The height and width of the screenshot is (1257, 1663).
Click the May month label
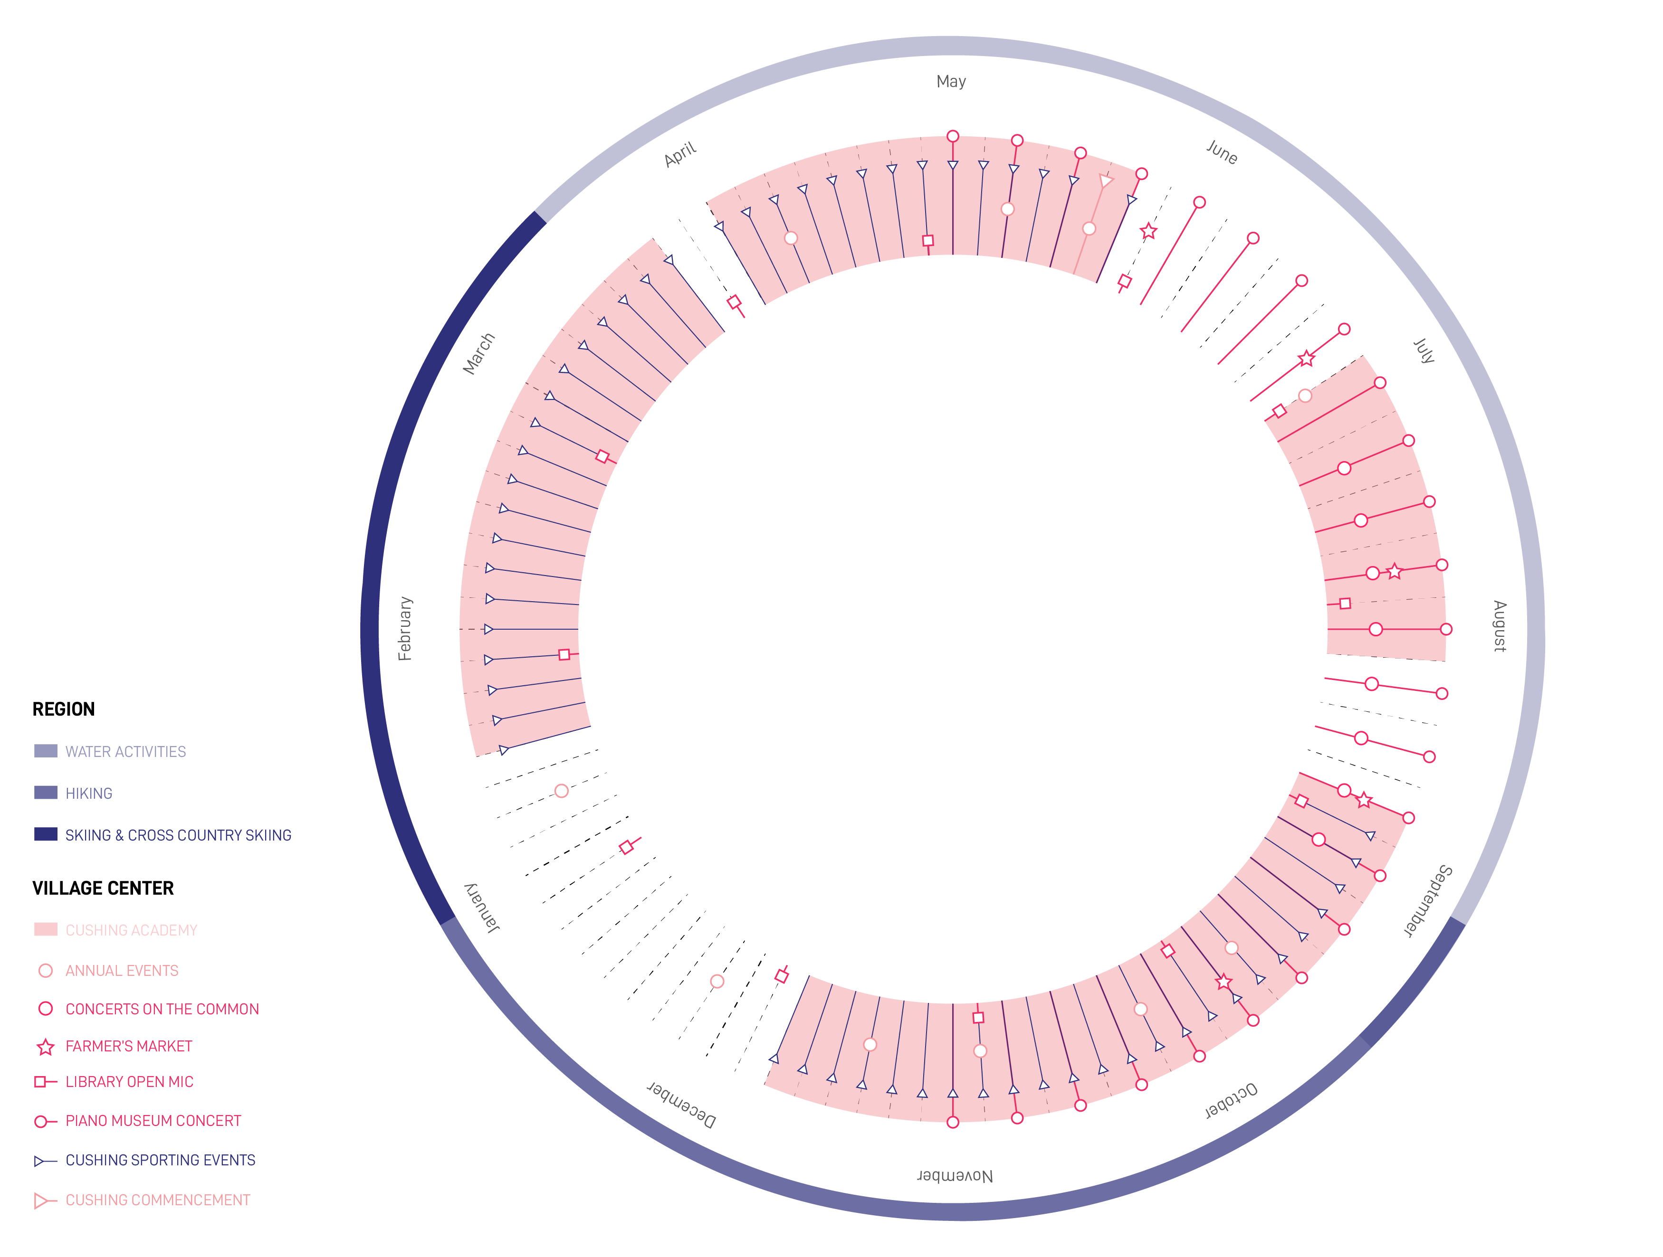click(x=951, y=81)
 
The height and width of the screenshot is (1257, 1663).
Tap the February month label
click(x=405, y=629)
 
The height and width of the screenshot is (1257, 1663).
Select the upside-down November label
click(x=955, y=1176)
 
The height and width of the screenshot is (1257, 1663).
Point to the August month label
click(x=1499, y=626)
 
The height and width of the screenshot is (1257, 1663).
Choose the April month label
click(x=680, y=154)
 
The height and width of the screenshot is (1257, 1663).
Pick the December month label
click(x=681, y=1105)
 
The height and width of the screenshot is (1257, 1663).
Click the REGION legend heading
click(x=64, y=709)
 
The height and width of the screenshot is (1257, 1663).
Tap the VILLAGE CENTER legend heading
click(x=103, y=888)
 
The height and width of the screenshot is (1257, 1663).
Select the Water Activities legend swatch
click(x=46, y=751)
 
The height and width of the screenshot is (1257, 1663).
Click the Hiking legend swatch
click(x=46, y=793)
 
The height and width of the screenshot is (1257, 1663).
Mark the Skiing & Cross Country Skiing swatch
click(x=46, y=834)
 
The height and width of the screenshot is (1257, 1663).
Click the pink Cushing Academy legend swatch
click(x=46, y=929)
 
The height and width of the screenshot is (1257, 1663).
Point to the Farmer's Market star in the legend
click(x=46, y=1047)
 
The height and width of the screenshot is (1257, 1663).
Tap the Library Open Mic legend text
click(x=129, y=1082)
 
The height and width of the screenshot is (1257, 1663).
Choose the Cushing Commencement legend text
click(x=158, y=1200)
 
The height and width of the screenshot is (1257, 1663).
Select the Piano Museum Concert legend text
click(x=153, y=1121)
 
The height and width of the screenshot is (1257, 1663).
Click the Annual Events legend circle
click(x=46, y=971)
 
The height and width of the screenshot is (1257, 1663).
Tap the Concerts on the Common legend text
click(x=162, y=1009)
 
